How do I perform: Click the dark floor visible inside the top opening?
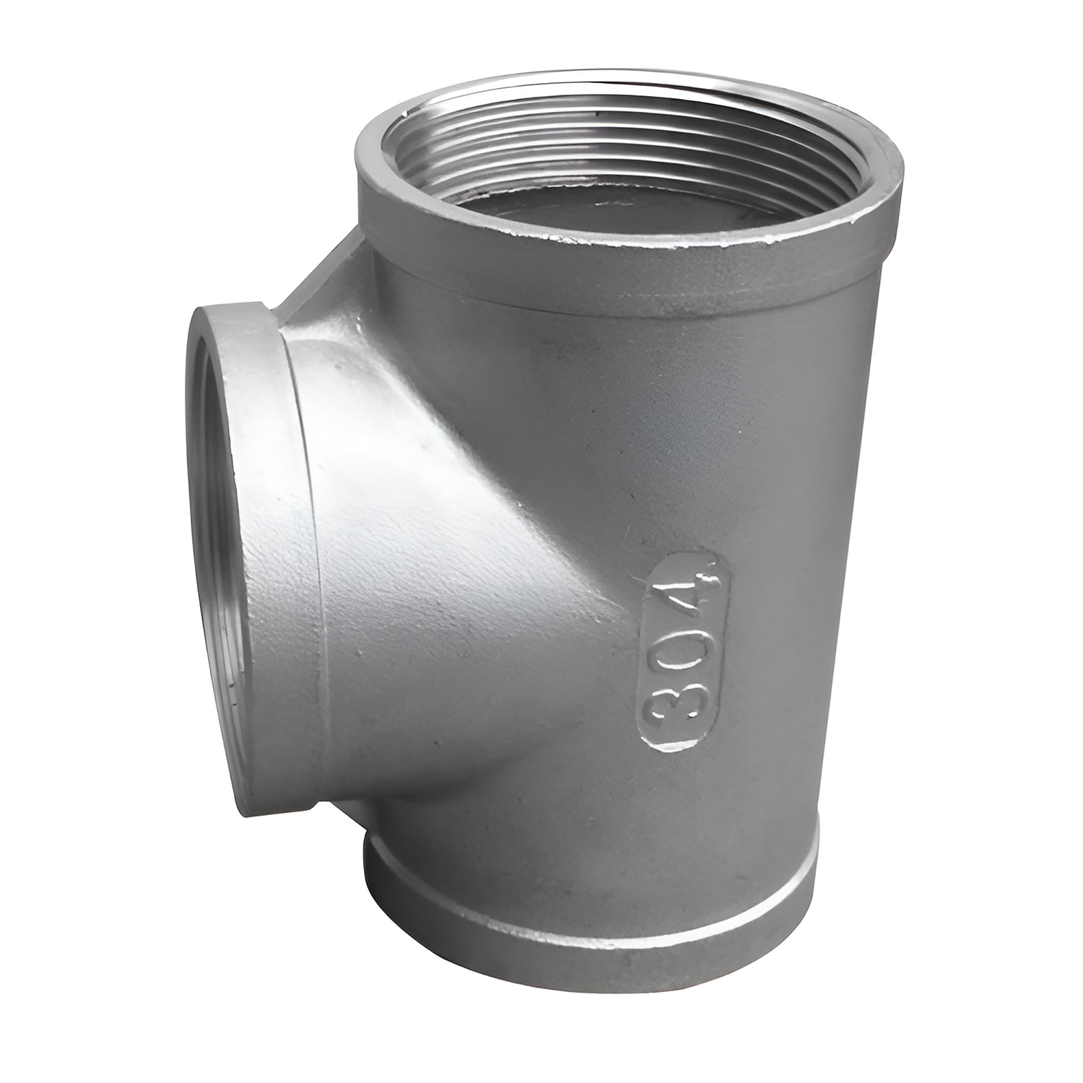click(x=635, y=191)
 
